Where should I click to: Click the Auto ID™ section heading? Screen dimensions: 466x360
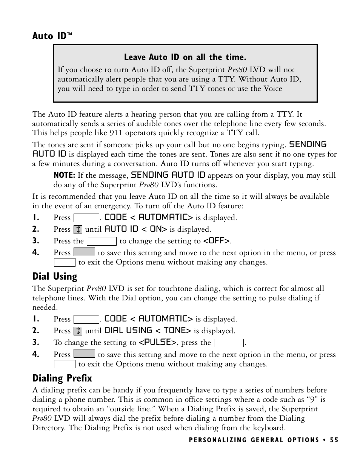52,36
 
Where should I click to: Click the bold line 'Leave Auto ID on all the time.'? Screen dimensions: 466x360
185,57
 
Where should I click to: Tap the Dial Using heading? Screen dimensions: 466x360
55,277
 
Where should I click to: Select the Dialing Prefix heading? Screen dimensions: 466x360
62,378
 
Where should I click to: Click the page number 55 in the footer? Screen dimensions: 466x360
334,440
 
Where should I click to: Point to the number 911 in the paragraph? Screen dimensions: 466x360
116,133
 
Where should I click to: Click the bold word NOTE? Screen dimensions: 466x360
64,175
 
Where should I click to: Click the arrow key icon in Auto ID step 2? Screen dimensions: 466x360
78,229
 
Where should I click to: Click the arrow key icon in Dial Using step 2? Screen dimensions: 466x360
78,331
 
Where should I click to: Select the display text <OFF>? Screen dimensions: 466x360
217,241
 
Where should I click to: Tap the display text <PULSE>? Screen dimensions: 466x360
157,342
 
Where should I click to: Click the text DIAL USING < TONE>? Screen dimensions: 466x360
148,331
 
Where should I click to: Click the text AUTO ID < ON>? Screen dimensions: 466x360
135,229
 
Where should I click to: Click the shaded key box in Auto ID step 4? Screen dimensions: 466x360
84,252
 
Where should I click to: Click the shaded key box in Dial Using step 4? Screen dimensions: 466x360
84,354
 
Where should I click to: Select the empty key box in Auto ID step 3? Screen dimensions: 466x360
102,241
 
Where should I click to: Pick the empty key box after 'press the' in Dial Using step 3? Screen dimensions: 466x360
229,343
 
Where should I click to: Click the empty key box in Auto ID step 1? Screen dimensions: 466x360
86,218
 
